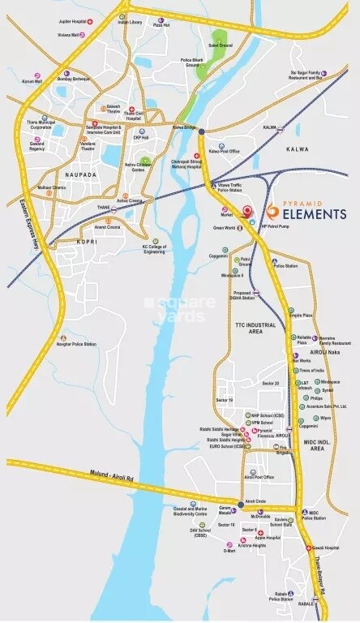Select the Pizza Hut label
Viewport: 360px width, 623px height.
161,25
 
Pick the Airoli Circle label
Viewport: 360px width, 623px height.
256,502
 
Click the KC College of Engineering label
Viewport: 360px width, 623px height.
159,248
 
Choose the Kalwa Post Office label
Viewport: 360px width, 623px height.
224,151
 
